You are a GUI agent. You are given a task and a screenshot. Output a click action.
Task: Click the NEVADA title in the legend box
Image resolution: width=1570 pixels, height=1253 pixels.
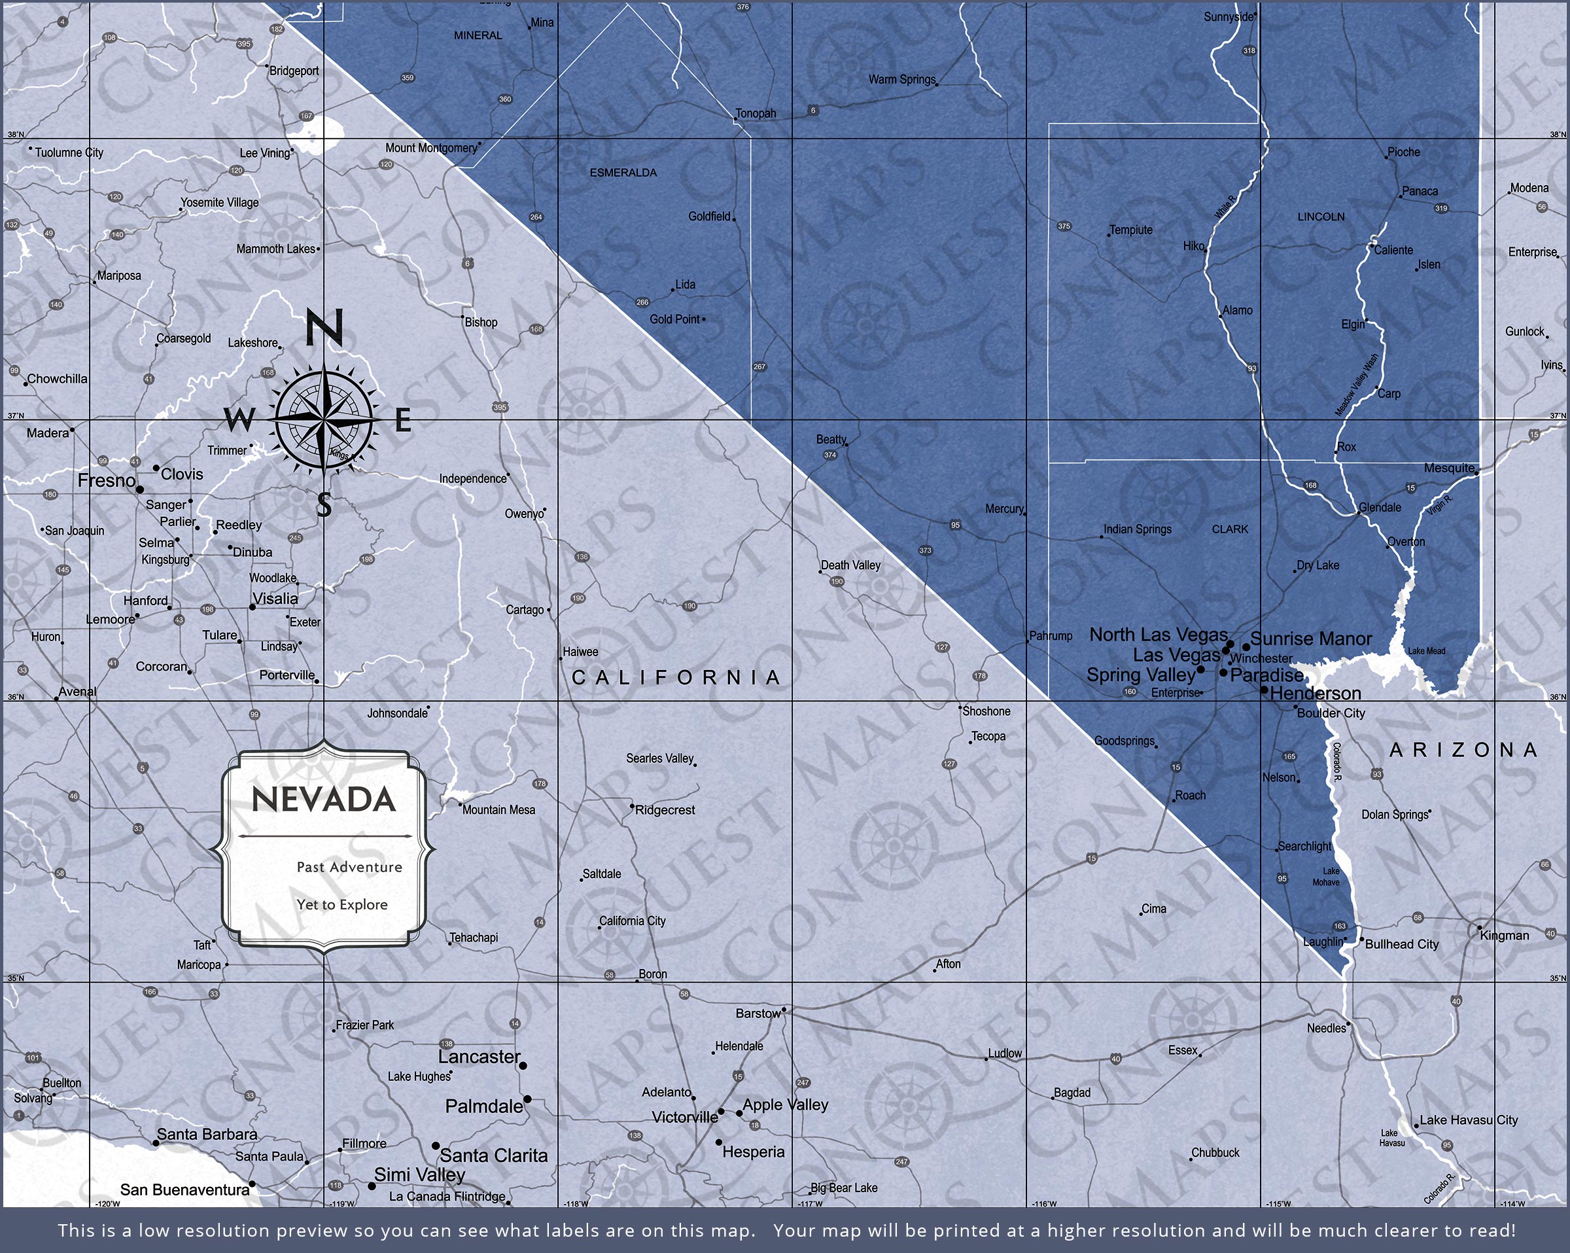pyautogui.click(x=323, y=800)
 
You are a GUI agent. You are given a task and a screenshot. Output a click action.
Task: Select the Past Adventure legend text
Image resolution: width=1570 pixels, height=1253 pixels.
pyautogui.click(x=349, y=867)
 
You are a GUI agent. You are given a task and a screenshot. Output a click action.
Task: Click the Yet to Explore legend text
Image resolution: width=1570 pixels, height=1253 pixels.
pyautogui.click(x=341, y=905)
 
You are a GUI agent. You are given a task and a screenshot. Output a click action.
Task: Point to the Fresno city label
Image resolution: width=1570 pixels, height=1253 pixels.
pyautogui.click(x=107, y=481)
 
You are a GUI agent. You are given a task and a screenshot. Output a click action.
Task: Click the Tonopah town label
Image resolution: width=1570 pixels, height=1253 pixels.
pyautogui.click(x=755, y=114)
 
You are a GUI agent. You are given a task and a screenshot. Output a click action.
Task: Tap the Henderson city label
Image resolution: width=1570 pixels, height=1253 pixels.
pyautogui.click(x=1315, y=694)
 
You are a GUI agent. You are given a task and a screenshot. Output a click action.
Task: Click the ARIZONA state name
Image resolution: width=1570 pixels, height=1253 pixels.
pyautogui.click(x=1463, y=750)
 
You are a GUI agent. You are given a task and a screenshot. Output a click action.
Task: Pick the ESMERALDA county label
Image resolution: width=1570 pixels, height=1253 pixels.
pyautogui.click(x=623, y=173)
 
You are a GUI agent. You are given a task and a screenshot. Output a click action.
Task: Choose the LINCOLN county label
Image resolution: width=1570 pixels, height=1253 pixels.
pyautogui.click(x=1321, y=217)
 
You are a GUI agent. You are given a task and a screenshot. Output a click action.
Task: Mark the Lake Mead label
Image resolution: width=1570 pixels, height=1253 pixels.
pyautogui.click(x=1427, y=650)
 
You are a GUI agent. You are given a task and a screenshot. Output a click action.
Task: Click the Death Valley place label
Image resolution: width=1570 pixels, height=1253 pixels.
pyautogui.click(x=850, y=565)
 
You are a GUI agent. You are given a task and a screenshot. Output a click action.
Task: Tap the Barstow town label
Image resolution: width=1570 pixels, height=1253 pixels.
pyautogui.click(x=758, y=1014)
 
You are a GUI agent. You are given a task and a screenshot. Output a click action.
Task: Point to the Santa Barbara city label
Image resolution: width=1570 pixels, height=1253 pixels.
pyautogui.click(x=207, y=1135)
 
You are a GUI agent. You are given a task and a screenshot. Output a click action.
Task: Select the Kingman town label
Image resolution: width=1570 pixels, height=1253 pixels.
pyautogui.click(x=1505, y=936)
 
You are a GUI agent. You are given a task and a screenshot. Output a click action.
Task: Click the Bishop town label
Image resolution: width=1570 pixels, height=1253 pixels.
pyautogui.click(x=481, y=322)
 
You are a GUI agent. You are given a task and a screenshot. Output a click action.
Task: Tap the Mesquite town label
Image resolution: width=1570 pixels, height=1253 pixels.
pyautogui.click(x=1449, y=468)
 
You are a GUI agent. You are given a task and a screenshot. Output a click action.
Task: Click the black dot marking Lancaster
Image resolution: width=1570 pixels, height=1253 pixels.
pyautogui.click(x=523, y=1066)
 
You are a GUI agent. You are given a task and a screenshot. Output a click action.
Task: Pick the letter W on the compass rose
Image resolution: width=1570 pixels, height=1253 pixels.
pyautogui.click(x=239, y=419)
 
